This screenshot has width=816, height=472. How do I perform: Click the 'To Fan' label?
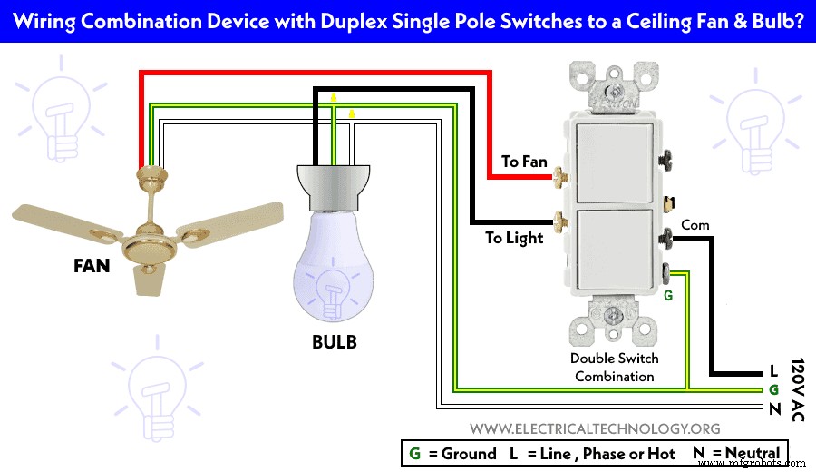pyautogui.click(x=524, y=162)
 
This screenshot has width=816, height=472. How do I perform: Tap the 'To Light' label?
pyautogui.click(x=514, y=238)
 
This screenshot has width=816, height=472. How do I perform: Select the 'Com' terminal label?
pyautogui.click(x=695, y=224)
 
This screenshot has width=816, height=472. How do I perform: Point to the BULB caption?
pyautogui.click(x=334, y=342)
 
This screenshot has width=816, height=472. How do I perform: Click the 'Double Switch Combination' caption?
pyautogui.click(x=615, y=367)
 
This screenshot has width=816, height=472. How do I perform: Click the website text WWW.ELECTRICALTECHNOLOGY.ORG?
pyautogui.click(x=596, y=428)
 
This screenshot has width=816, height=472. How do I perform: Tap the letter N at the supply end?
pyautogui.click(x=773, y=408)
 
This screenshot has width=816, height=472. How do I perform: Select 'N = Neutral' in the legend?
pyautogui.click(x=735, y=453)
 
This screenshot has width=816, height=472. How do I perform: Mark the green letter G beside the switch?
pyautogui.click(x=669, y=295)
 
